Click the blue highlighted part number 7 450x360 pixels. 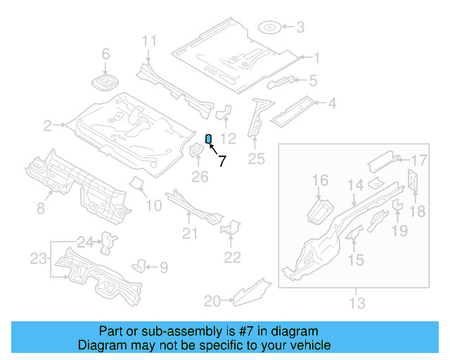[208, 138]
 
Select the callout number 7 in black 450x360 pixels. [222, 161]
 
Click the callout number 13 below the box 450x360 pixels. [357, 304]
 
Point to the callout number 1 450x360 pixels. [316, 58]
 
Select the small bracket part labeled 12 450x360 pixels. [226, 112]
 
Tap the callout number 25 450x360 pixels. [257, 160]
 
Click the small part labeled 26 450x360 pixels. [194, 152]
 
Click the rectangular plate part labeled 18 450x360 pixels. [413, 181]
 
